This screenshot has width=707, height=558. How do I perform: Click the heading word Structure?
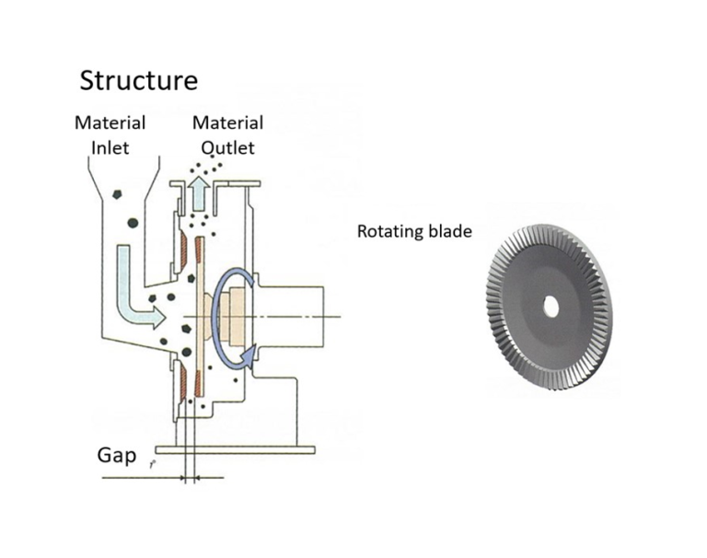138,80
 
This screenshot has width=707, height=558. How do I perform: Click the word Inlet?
110,145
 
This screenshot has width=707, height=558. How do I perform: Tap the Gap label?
117,456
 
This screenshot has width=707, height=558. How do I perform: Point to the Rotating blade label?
414,231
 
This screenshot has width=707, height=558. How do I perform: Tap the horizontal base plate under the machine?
236,449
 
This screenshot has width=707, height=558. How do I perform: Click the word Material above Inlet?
110,122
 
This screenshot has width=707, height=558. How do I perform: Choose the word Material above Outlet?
227,122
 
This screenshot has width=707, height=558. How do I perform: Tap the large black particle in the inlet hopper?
133,222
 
